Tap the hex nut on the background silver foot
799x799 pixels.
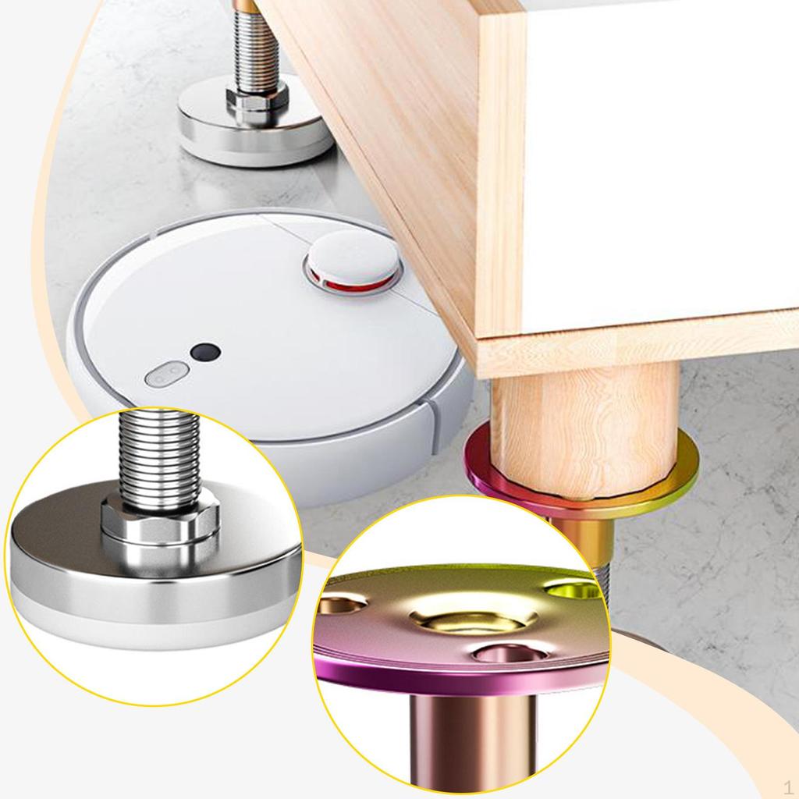click(257, 98)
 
